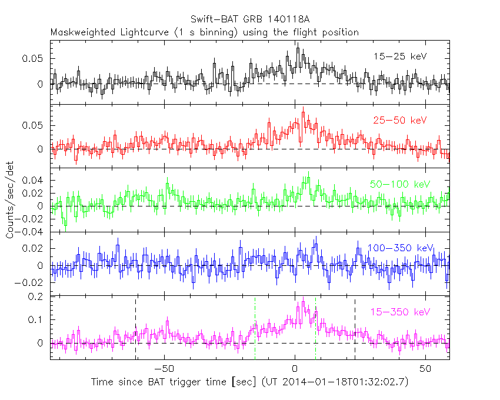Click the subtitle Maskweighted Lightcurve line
click(204, 32)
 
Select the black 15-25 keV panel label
click(399, 56)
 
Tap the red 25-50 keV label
click(399, 120)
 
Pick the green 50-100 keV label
click(398, 184)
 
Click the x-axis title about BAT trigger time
click(249, 382)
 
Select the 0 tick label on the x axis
click(295, 369)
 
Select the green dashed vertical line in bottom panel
click(316, 329)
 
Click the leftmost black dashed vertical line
click(135, 329)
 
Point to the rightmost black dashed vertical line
click(355, 329)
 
